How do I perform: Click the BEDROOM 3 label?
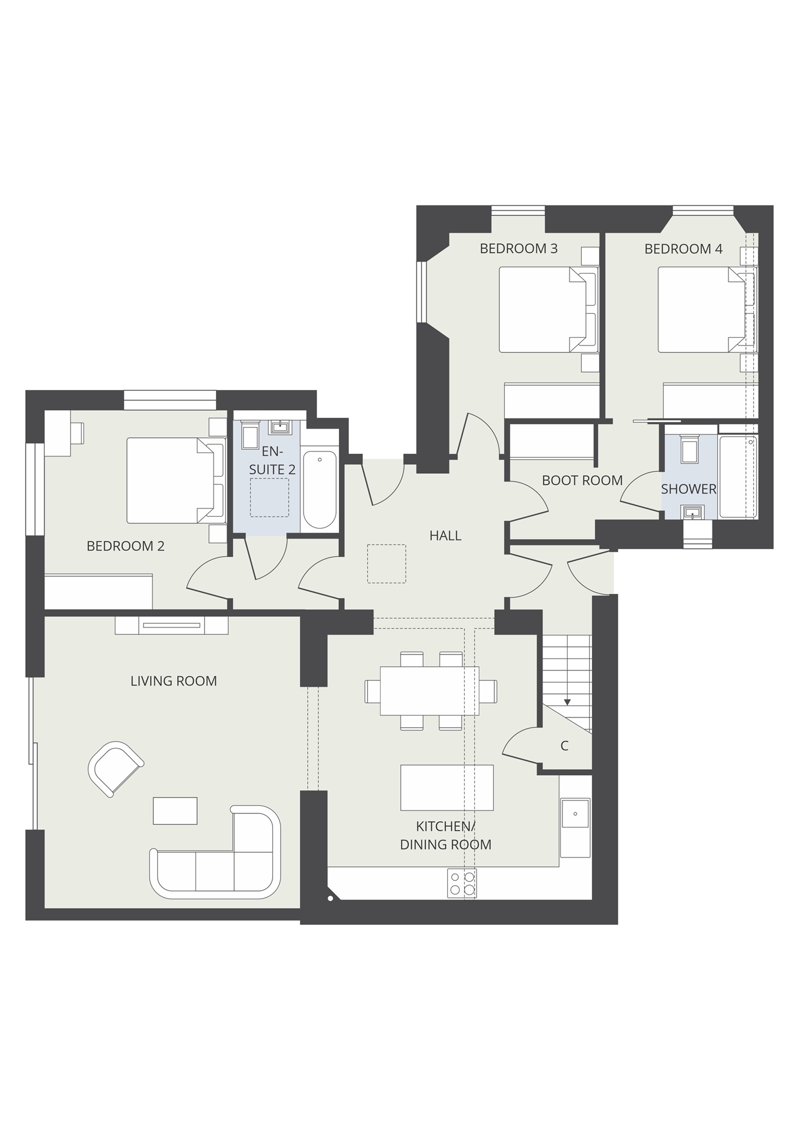[518, 248]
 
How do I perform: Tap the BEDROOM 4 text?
[683, 249]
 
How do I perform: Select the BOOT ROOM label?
[582, 480]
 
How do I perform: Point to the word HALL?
[445, 536]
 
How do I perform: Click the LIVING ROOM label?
[174, 681]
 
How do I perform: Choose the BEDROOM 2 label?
[125, 546]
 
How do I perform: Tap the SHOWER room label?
[688, 489]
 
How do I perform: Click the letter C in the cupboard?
[564, 746]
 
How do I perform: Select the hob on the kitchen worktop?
[462, 883]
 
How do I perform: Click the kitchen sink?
[575, 815]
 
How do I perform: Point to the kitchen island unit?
[447, 787]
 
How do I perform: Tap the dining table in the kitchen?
[430, 690]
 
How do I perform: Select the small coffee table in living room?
[175, 810]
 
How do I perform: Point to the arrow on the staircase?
[567, 702]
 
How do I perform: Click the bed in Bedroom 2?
[171, 480]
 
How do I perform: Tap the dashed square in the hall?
[387, 564]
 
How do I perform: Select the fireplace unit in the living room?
[172, 625]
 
